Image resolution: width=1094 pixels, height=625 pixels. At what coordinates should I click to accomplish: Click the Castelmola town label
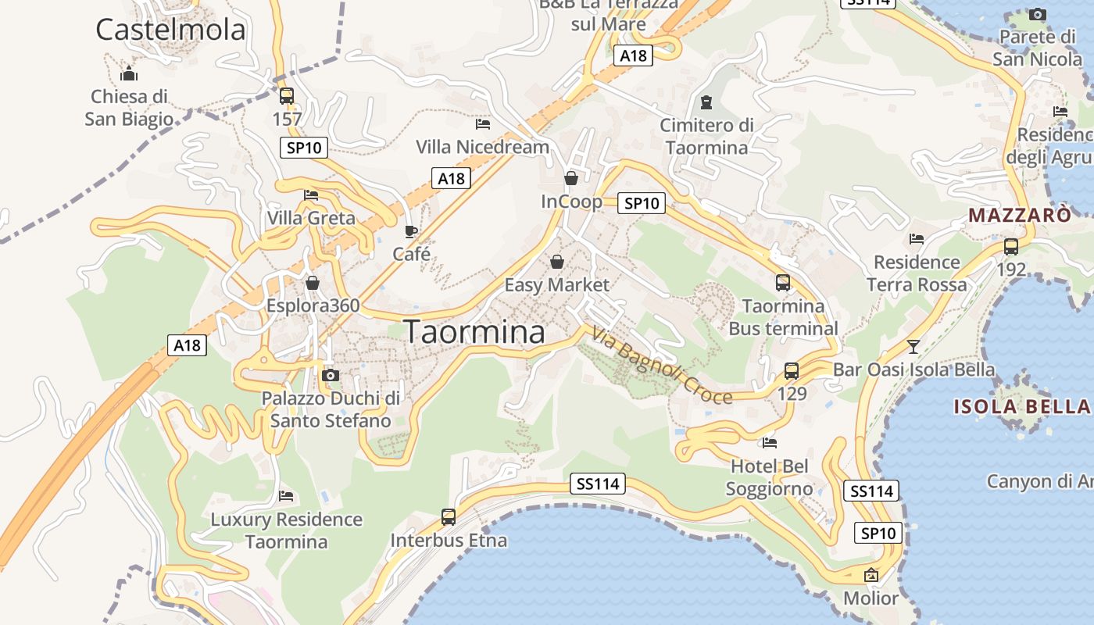[170, 30]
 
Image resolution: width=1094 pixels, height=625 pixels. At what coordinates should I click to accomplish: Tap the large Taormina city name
[474, 332]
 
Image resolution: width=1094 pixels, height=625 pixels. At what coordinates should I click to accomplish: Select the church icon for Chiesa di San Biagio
[129, 74]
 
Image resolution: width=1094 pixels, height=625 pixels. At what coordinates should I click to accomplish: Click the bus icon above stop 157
[287, 96]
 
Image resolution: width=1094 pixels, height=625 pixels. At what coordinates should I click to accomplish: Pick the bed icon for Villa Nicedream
[483, 123]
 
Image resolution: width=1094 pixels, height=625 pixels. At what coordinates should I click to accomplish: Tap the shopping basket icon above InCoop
[571, 178]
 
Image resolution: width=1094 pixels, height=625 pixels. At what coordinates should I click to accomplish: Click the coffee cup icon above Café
[411, 231]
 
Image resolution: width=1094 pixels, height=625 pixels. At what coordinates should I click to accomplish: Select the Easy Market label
[556, 284]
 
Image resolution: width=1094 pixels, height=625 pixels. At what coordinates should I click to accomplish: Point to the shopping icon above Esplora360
[313, 282]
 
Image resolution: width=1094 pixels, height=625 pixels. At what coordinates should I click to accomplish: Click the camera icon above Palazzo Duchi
[331, 375]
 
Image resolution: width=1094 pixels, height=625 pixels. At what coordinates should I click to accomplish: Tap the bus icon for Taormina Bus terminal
[783, 283]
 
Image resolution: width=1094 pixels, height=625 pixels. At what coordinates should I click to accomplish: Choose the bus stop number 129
[792, 393]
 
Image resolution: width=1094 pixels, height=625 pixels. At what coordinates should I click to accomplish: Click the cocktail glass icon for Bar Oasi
[913, 346]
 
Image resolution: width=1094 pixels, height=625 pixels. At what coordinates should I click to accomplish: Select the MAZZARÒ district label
[1020, 215]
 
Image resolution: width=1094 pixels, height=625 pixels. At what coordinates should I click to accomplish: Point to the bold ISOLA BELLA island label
[1022, 406]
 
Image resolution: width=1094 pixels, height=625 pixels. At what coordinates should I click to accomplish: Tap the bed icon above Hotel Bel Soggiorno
[770, 443]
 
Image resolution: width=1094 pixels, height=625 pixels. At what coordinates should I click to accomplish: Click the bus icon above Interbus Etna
[449, 516]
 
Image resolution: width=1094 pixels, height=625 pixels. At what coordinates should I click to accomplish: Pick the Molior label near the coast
[871, 598]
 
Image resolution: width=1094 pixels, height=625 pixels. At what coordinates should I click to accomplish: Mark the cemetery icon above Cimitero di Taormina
[706, 102]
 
